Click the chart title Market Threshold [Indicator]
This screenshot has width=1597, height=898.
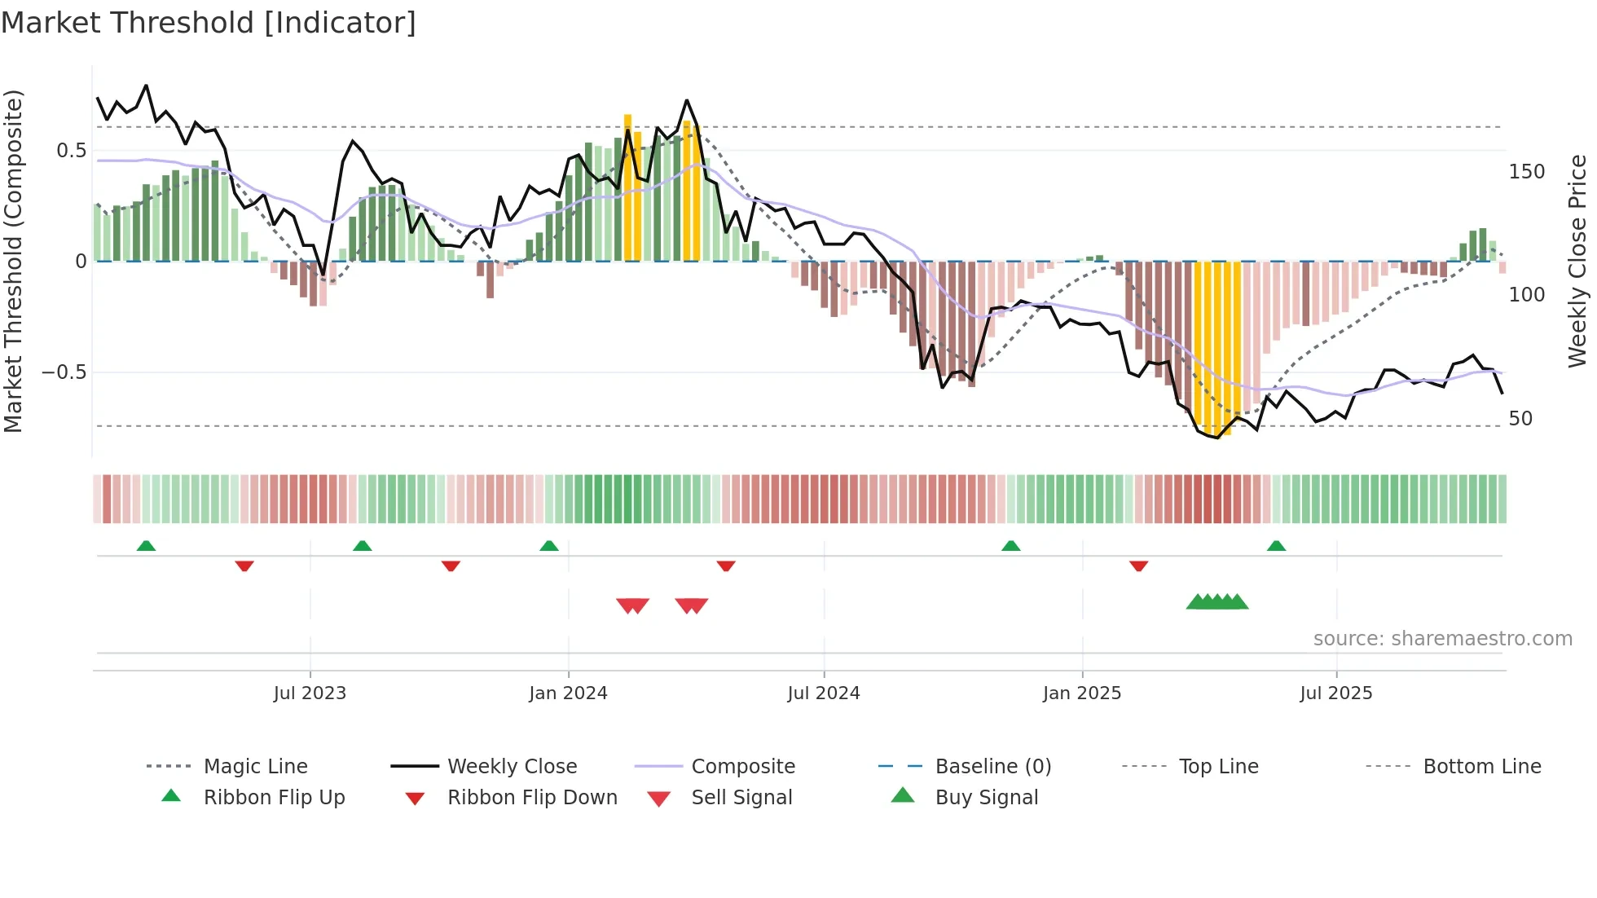pos(209,23)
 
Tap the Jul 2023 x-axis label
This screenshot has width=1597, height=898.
pos(310,693)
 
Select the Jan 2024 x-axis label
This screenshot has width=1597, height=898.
pos(568,693)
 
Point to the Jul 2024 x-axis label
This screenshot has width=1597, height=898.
pos(824,693)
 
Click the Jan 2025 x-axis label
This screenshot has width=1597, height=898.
pos(1082,693)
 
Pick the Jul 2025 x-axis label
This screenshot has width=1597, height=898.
pos(1336,693)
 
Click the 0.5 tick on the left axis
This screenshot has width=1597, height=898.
pos(72,151)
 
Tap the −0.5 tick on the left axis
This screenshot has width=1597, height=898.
pos(64,372)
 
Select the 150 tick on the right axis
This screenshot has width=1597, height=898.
pos(1527,172)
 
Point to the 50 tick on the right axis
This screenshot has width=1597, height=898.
pos(1521,419)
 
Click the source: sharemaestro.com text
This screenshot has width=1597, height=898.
pos(1442,639)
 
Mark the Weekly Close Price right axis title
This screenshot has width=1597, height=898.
pos(1577,261)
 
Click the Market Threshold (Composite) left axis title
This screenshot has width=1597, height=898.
pos(14,261)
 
